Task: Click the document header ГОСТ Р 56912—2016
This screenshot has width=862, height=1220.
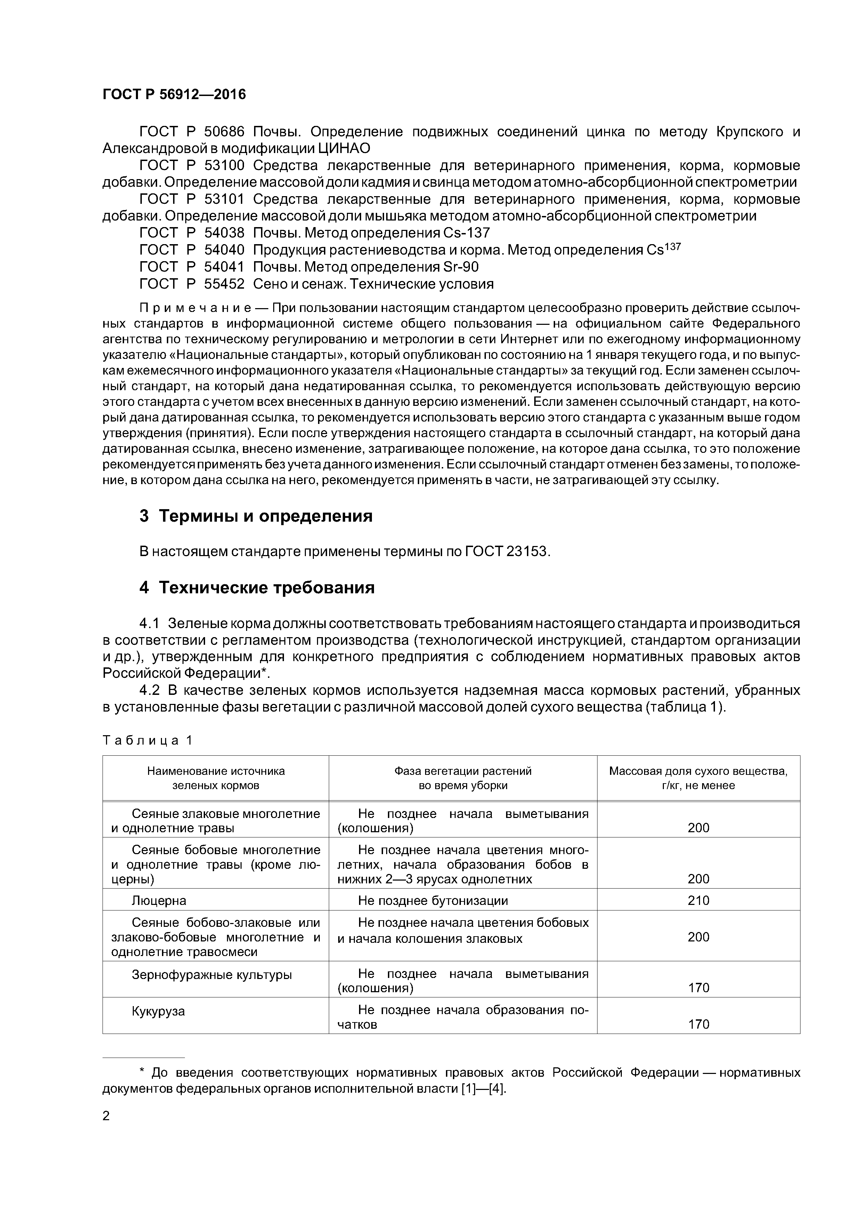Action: click(174, 95)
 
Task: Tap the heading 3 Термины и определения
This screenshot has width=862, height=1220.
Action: click(256, 516)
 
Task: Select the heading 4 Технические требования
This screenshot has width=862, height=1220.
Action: click(257, 588)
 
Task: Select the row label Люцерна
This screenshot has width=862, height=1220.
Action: click(159, 901)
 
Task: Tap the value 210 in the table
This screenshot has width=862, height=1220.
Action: click(698, 901)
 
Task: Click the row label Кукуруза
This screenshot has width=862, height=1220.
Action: click(158, 1011)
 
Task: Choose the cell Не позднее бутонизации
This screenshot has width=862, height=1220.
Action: click(433, 901)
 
